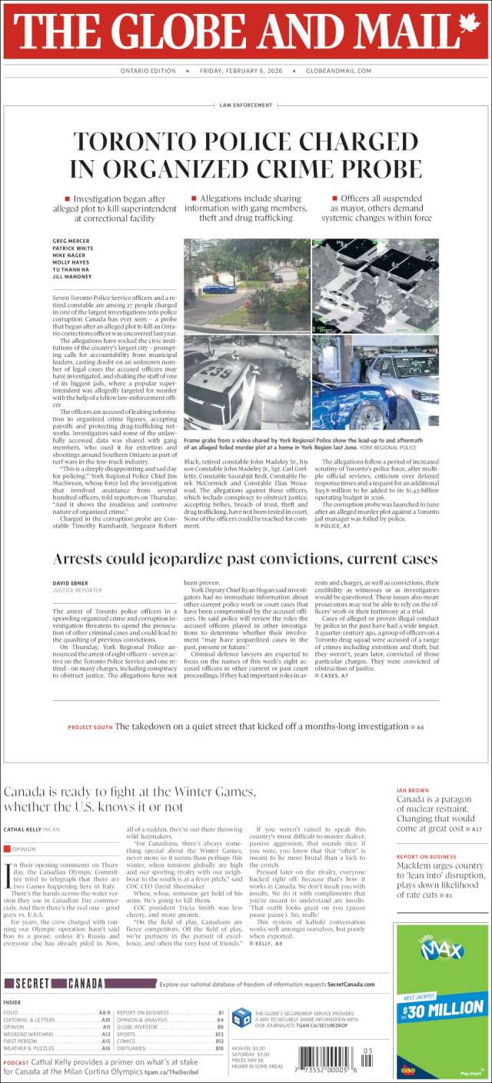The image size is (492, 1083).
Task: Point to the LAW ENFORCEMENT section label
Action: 246,105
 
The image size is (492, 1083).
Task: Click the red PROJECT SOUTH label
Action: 90,727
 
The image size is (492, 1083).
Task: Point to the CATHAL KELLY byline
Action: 26,829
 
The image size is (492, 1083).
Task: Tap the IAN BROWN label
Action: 412,790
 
